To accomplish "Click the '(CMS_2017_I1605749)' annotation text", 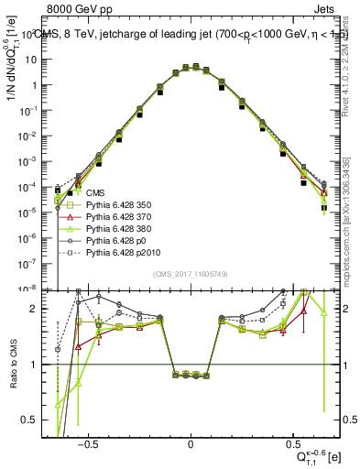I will coord(191,275).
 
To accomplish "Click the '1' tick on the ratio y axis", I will coord(46,365).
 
